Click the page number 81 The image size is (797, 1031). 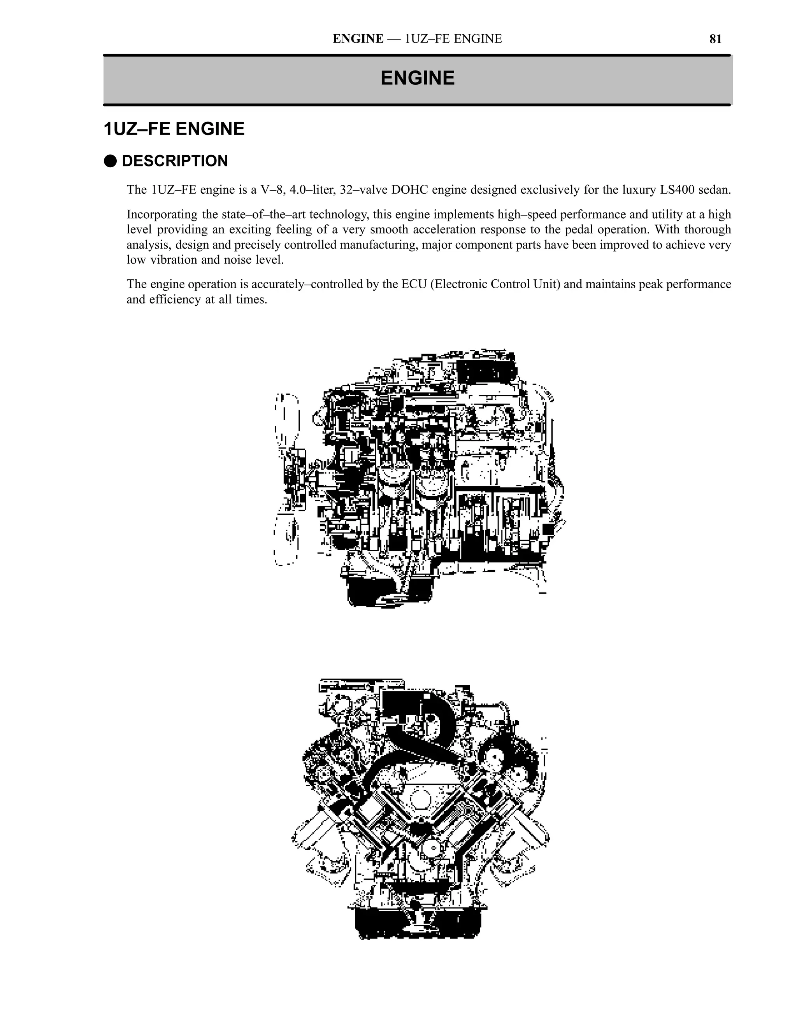(x=715, y=39)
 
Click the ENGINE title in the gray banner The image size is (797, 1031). (x=418, y=78)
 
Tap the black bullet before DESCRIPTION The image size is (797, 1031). (x=110, y=161)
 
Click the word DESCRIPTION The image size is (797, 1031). (x=175, y=161)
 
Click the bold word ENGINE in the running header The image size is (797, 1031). (x=358, y=39)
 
